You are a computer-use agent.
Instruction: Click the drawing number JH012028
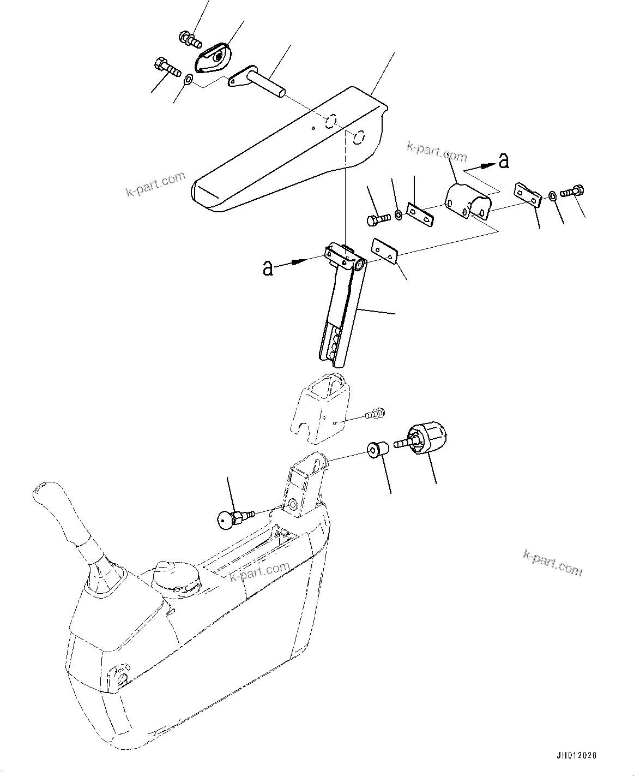577,756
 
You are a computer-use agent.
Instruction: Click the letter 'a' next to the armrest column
268,268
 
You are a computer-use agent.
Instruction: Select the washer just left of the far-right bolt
552,195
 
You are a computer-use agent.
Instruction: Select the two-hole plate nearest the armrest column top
385,249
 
